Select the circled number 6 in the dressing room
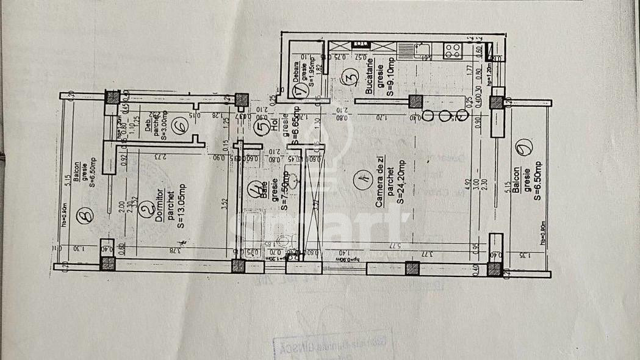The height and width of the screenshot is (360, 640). coord(179,126)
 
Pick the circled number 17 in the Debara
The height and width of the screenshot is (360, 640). coord(299,91)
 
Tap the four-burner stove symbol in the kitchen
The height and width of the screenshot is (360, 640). coord(453,50)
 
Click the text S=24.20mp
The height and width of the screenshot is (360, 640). coord(400,181)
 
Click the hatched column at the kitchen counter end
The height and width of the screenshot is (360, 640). coord(415,102)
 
